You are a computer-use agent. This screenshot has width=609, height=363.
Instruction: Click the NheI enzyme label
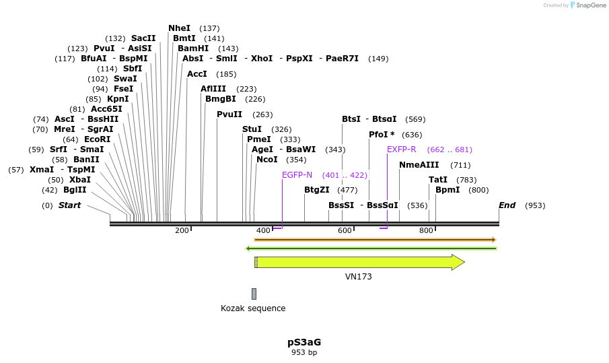tap(179, 28)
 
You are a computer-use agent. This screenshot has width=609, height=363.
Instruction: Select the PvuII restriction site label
tap(229, 114)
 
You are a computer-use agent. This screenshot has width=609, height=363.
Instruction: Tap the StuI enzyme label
tap(252, 129)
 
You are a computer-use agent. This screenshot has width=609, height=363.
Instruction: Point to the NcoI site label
tap(267, 160)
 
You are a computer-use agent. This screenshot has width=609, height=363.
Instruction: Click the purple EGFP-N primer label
tap(297, 175)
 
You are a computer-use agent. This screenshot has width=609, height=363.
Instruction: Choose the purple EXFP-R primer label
tap(402, 150)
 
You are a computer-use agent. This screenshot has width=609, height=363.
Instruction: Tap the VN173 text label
tap(359, 276)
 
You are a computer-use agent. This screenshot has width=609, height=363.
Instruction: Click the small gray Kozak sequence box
tap(254, 294)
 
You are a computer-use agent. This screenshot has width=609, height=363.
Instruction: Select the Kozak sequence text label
tap(253, 308)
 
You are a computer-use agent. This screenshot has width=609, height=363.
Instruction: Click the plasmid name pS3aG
tap(304, 342)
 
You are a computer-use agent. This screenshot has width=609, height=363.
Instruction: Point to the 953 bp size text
tap(304, 352)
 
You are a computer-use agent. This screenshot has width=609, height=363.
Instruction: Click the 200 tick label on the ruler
tap(182, 231)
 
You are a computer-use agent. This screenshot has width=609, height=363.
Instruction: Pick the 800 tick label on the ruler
tap(426, 231)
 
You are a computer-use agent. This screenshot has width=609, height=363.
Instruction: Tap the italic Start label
tap(69, 205)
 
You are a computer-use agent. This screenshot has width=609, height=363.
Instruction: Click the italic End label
tap(507, 205)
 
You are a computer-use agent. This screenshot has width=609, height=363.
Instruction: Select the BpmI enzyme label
tap(447, 190)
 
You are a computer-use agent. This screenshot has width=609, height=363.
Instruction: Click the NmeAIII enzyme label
tap(419, 165)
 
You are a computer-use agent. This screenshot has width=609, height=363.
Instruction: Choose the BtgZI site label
tap(317, 190)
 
